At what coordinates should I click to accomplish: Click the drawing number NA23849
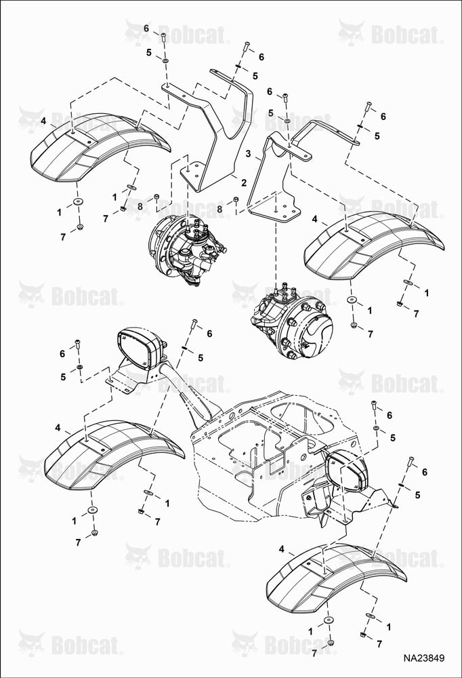coord(423,658)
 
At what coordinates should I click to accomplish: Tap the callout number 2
coord(244,183)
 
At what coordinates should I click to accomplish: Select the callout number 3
coord(248,154)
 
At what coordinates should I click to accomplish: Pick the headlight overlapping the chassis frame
coord(345,471)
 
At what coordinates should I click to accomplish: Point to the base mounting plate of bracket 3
coord(276,211)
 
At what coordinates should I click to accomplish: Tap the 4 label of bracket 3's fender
coord(314,220)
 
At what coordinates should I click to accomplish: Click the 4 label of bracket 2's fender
coord(43,121)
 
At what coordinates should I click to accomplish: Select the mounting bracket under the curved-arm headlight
coord(129,378)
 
